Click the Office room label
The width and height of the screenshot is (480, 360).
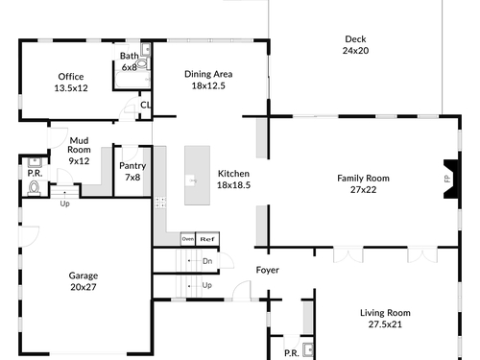(71, 77)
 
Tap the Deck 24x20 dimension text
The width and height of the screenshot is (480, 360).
(355, 51)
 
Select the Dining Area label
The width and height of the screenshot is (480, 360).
(208, 74)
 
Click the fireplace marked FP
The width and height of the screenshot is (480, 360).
(451, 179)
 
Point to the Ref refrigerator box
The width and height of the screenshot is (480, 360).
(207, 239)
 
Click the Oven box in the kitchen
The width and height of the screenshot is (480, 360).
(188, 239)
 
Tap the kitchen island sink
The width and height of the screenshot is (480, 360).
(191, 180)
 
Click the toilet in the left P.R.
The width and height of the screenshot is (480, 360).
(35, 188)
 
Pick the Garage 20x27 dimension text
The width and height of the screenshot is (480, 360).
(84, 287)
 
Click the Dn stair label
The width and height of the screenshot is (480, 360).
(207, 261)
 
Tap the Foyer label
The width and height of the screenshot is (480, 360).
(268, 270)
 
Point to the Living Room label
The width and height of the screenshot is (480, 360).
(385, 313)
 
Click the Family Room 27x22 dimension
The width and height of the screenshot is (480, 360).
(363, 190)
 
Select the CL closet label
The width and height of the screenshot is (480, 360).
(145, 105)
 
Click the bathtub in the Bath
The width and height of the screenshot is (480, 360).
(132, 80)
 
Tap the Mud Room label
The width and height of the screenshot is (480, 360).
(79, 145)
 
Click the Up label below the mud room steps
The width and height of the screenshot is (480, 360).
(64, 204)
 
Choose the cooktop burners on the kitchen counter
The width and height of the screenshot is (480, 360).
(160, 203)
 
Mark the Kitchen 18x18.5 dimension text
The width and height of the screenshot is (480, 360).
(233, 185)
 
